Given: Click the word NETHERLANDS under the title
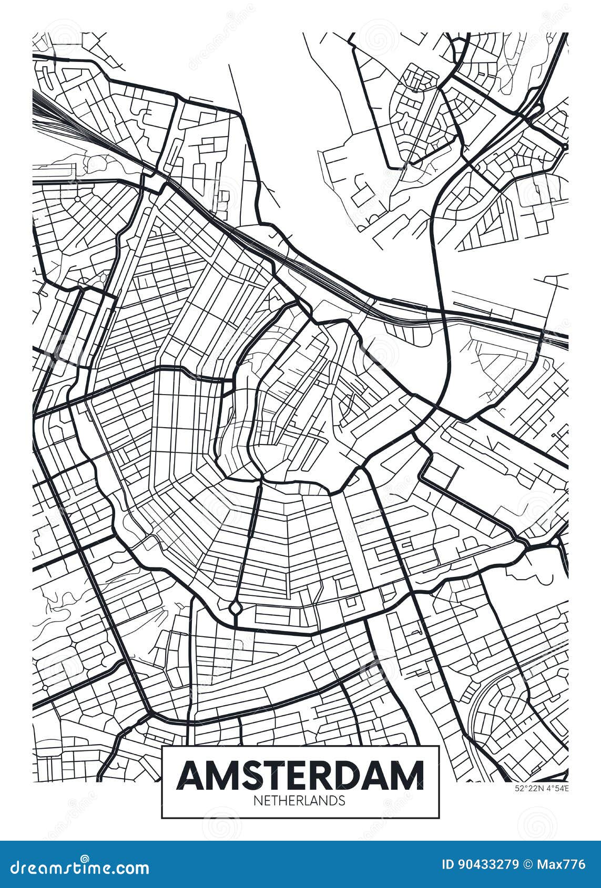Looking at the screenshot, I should coord(300,800).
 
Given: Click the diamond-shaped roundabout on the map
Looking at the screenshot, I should coord(235,608).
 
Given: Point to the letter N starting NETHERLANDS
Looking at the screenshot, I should coord(257,800).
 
